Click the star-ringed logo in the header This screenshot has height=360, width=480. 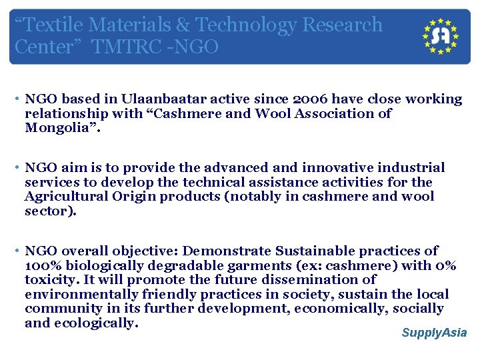(x=441, y=37)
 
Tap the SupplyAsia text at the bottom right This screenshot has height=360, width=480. (x=434, y=333)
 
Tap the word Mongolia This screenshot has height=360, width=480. (x=59, y=127)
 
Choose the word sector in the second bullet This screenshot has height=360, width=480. (x=48, y=211)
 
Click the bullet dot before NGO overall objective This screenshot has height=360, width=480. (x=15, y=251)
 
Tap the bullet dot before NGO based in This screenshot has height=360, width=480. (x=15, y=99)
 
